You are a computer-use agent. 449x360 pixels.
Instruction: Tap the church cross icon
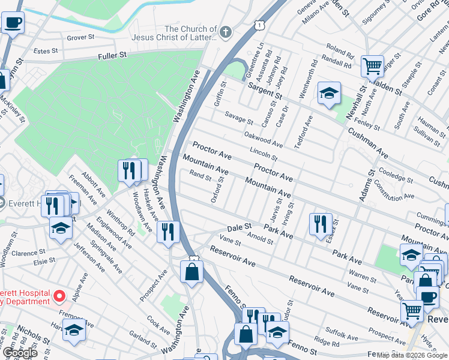tap(226, 32)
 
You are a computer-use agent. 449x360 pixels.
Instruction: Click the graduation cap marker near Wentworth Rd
tap(329, 93)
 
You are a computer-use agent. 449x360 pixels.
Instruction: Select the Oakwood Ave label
tap(264, 140)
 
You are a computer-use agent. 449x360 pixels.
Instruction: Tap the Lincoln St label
tap(262, 154)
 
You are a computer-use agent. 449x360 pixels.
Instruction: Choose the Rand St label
tap(200, 176)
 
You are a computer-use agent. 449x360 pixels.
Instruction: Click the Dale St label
tap(238, 228)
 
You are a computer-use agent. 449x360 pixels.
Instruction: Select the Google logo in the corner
tap(20, 353)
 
